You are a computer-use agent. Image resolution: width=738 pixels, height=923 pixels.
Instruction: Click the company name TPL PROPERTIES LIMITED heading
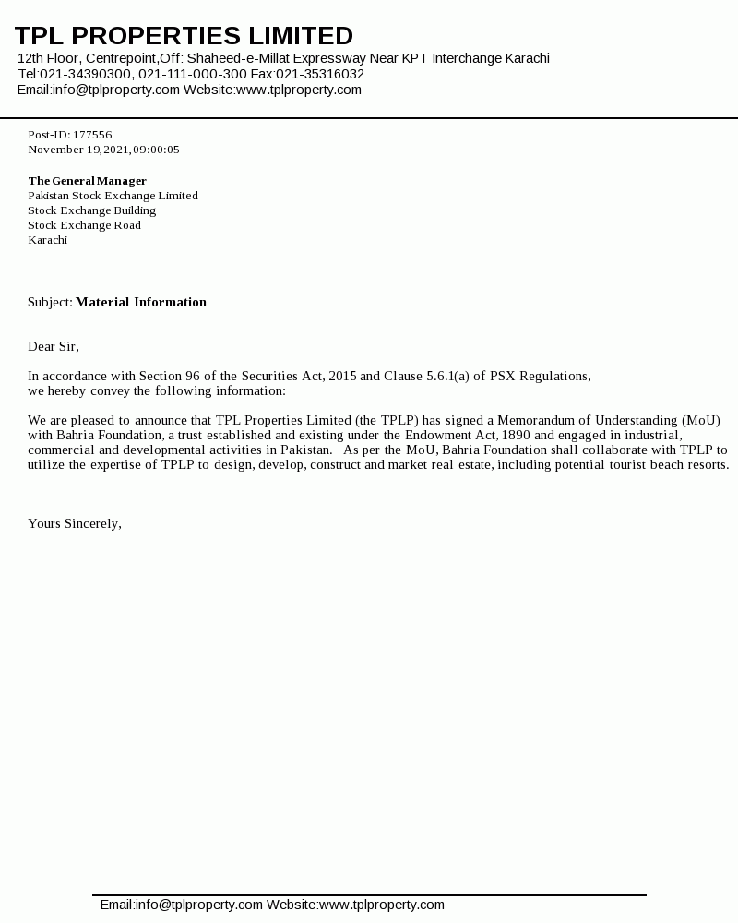pyautogui.click(x=184, y=36)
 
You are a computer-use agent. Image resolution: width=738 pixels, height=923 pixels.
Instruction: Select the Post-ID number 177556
pyautogui.click(x=92, y=135)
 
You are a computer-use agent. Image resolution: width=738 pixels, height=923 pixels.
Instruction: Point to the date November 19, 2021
pyautogui.click(x=78, y=150)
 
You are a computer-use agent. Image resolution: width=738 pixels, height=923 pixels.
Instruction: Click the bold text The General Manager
pyautogui.click(x=87, y=181)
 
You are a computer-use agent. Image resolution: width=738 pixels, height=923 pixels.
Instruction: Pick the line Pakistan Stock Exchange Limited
pyautogui.click(x=113, y=196)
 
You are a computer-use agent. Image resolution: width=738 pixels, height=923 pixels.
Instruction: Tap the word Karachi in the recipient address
pyautogui.click(x=47, y=240)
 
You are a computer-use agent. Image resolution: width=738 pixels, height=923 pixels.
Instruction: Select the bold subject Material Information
pyautogui.click(x=141, y=302)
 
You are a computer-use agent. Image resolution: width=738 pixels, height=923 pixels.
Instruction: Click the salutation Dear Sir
pyautogui.click(x=53, y=346)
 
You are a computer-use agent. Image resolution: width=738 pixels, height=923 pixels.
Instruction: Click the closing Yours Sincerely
pyautogui.click(x=74, y=523)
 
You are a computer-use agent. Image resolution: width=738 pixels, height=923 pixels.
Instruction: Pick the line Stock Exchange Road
pyautogui.click(x=84, y=225)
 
